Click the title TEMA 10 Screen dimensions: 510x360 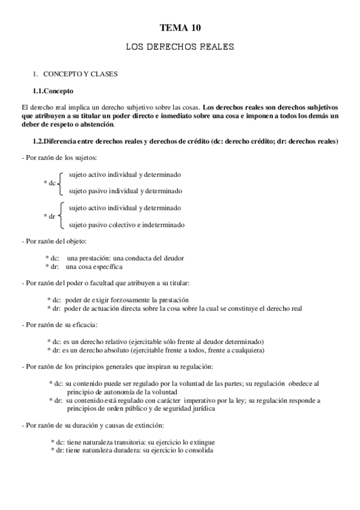pos(180,28)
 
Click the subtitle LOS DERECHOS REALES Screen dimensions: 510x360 pos(180,46)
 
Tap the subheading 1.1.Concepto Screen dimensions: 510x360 pos(53,91)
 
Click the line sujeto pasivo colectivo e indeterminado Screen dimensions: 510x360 pos(127,225)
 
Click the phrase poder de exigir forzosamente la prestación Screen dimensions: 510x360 pos(126,300)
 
